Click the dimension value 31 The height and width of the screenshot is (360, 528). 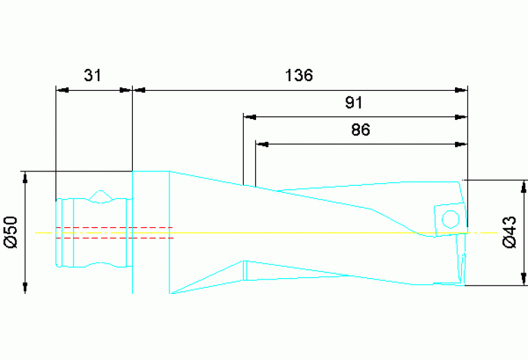(x=92, y=75)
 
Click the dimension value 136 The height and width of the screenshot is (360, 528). (x=299, y=75)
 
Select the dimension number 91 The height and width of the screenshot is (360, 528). (x=354, y=103)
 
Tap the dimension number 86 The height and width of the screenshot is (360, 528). (x=361, y=130)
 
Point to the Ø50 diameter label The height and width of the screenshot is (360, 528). (x=10, y=233)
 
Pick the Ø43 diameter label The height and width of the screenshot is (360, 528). (x=510, y=233)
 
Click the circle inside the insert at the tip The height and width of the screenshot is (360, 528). (x=450, y=219)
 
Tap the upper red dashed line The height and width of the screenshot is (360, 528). (x=114, y=227)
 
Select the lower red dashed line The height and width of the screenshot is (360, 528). (x=114, y=238)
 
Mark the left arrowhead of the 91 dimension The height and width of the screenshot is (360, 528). (x=249, y=116)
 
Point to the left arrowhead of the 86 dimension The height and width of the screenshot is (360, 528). (x=262, y=144)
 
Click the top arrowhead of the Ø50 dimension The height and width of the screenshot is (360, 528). (x=25, y=177)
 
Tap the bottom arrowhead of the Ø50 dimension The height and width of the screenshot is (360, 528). (x=25, y=288)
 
